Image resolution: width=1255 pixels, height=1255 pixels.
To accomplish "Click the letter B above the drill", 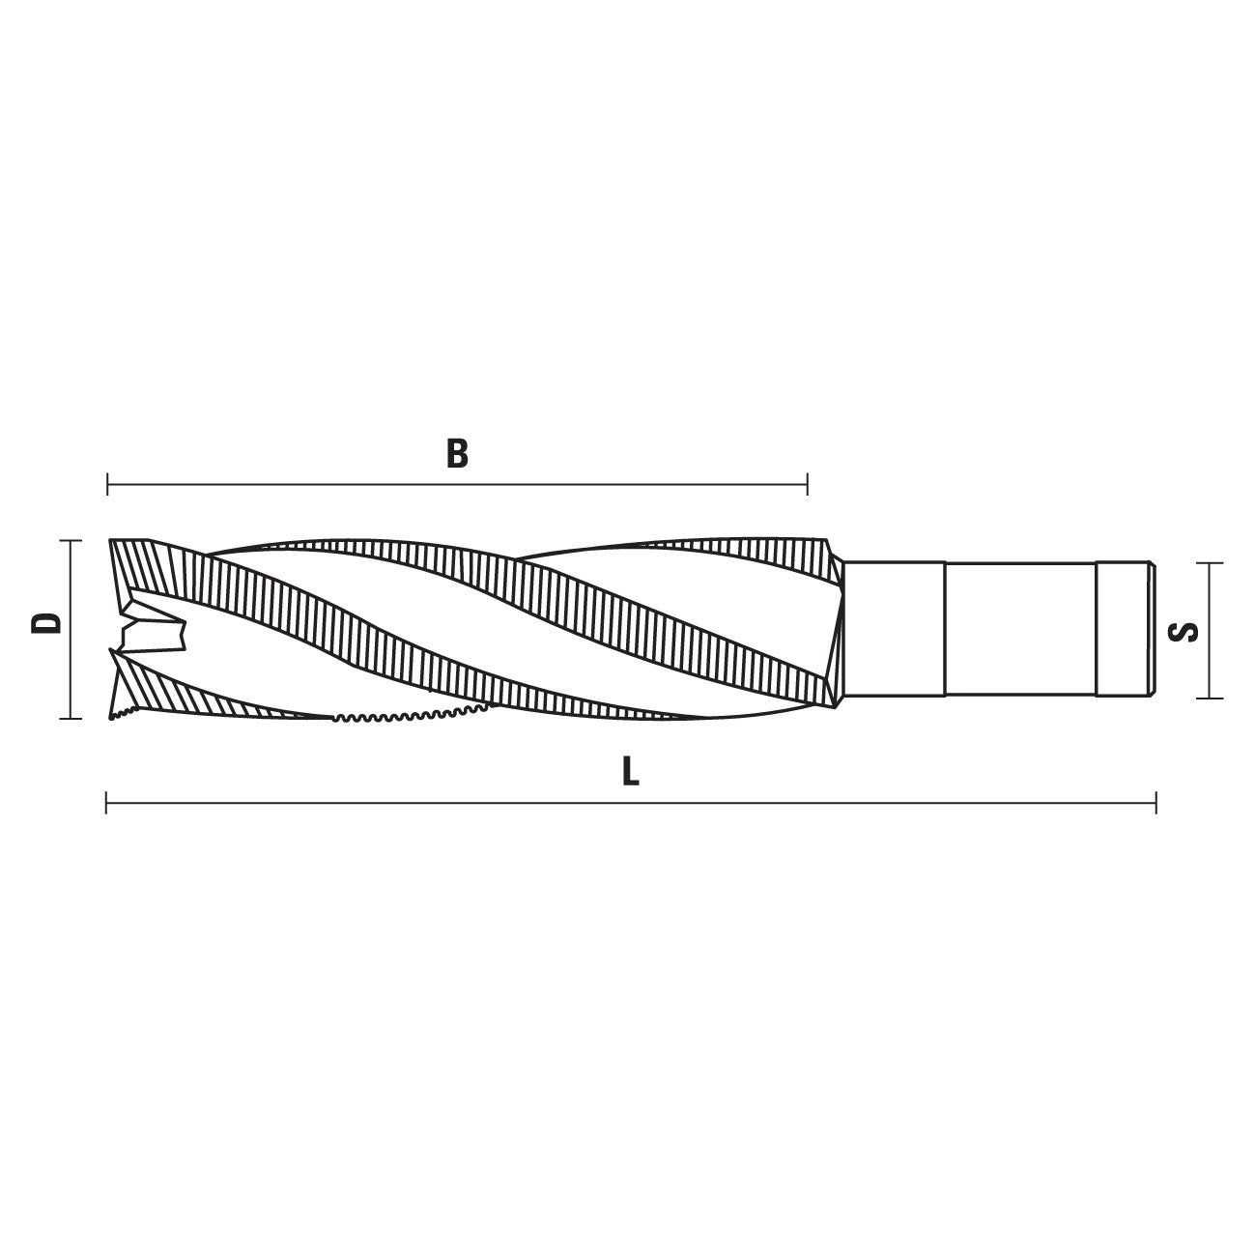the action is click(x=457, y=454).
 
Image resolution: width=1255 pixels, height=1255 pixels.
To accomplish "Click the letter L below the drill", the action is click(x=630, y=772).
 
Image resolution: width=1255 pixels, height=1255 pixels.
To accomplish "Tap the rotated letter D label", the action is click(x=46, y=623).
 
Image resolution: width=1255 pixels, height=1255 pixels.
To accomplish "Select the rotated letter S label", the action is click(x=1184, y=632).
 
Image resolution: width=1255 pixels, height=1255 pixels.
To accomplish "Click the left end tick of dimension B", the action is click(x=107, y=485).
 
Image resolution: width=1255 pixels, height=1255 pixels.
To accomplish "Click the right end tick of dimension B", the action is click(x=807, y=485).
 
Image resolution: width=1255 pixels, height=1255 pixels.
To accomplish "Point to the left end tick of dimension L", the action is click(x=106, y=802).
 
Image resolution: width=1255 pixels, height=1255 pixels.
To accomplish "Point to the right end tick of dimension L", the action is click(x=1156, y=802).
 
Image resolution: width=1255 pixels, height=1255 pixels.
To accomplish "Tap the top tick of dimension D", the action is click(x=71, y=541).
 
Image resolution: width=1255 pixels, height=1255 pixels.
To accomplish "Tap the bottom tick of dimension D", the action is click(x=71, y=719).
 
